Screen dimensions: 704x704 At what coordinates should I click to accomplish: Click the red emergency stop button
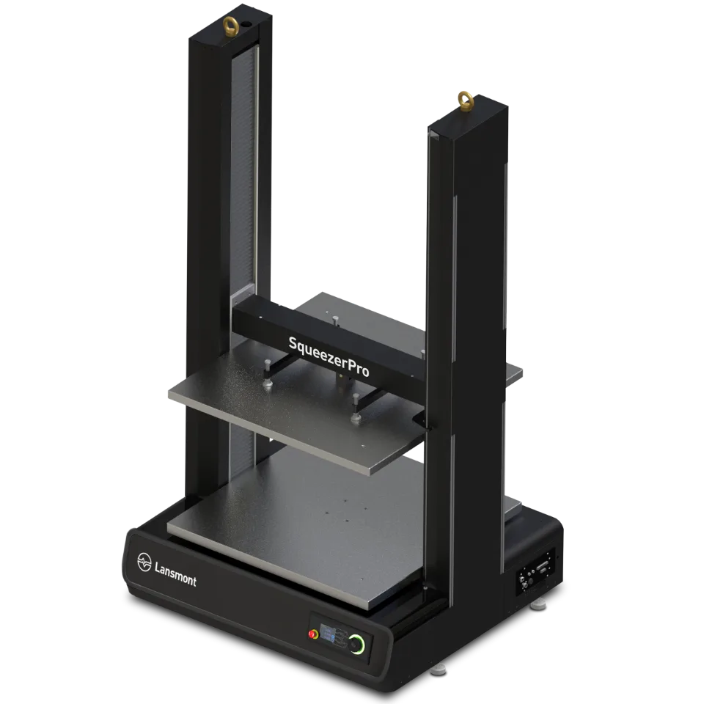(313, 634)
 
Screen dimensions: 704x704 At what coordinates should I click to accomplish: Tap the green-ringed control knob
(357, 645)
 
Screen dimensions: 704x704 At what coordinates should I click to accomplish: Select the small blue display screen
(328, 636)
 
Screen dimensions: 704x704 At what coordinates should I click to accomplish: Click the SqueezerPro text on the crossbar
(329, 356)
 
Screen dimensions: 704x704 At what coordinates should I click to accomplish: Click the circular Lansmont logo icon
(144, 562)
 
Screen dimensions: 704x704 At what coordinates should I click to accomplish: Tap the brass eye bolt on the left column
(230, 26)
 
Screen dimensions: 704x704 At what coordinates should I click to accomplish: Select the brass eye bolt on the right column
(466, 100)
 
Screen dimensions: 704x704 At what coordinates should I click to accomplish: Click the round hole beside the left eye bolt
(246, 24)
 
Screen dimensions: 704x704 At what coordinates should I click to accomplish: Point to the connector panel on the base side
(535, 571)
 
